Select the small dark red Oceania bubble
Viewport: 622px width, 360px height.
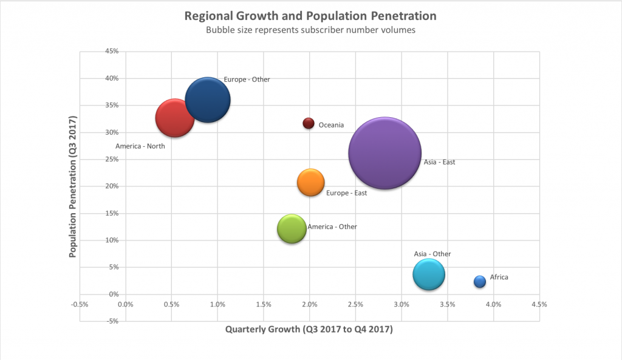click(309, 123)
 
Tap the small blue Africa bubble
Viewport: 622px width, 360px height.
click(480, 282)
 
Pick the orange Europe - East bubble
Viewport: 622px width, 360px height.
click(311, 183)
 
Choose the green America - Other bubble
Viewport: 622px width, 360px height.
click(292, 229)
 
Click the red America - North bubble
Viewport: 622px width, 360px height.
click(175, 118)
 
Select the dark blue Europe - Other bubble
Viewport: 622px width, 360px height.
click(208, 100)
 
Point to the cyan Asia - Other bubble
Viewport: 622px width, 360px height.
click(429, 274)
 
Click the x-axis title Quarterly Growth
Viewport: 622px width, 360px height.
click(309, 330)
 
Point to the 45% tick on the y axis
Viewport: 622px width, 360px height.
click(111, 51)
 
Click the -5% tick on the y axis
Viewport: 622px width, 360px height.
click(111, 321)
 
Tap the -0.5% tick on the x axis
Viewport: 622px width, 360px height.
click(80, 304)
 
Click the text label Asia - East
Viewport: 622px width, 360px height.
click(439, 162)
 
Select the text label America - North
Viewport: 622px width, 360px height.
click(140, 146)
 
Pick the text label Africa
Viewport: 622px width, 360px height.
click(499, 277)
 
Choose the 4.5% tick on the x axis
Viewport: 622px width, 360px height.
click(539, 304)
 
